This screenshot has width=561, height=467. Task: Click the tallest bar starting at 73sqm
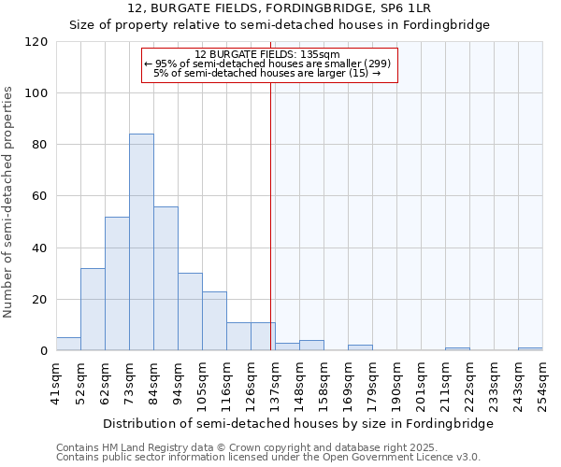click(x=141, y=243)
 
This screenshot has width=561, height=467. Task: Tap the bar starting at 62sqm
click(x=117, y=284)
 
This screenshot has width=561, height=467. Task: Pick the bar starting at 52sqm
click(x=93, y=309)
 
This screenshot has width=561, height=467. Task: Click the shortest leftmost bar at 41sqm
click(x=68, y=345)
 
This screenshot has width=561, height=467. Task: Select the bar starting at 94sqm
click(x=190, y=312)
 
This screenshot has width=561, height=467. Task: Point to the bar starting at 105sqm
click(x=214, y=321)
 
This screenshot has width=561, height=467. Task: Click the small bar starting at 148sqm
click(x=311, y=347)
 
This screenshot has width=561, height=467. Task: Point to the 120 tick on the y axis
click(x=36, y=42)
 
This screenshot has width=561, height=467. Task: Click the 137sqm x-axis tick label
click(x=276, y=382)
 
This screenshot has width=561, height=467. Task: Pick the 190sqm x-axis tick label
click(x=397, y=382)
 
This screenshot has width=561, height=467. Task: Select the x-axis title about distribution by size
click(x=297, y=423)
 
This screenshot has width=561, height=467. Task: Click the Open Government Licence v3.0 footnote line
click(x=267, y=458)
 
